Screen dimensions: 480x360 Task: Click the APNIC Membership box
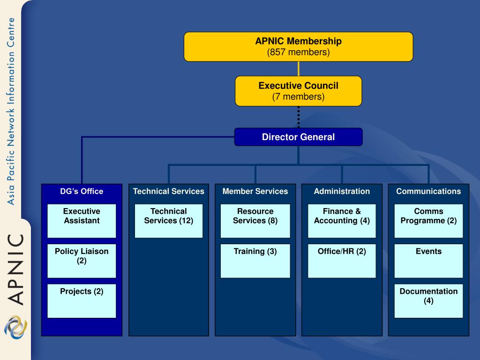coord(299,47)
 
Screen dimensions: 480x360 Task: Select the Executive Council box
coord(299,91)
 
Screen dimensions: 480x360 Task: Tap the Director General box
coord(299,137)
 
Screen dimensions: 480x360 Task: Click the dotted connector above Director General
coord(299,117)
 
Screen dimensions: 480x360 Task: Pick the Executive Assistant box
coord(82,221)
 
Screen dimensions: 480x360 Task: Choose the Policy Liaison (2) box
coord(82,261)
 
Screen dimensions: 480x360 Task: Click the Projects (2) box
coord(82,301)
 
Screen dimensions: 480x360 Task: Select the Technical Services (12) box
coord(169,221)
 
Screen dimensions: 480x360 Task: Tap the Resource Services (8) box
coord(255,221)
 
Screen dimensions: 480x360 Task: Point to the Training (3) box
coord(255,261)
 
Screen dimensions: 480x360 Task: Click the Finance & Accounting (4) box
coord(342,221)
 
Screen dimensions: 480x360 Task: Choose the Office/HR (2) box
coord(342,261)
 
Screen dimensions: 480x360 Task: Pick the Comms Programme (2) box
coord(428,221)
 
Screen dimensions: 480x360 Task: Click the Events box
coord(428,261)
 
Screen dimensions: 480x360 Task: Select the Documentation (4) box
coord(428,301)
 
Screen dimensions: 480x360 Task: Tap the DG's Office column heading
coord(82,191)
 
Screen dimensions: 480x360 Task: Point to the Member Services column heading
coord(255,191)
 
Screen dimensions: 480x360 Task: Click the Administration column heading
coord(342,191)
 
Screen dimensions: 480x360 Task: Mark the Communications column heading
coord(428,191)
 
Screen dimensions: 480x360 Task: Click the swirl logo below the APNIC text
coord(15,327)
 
